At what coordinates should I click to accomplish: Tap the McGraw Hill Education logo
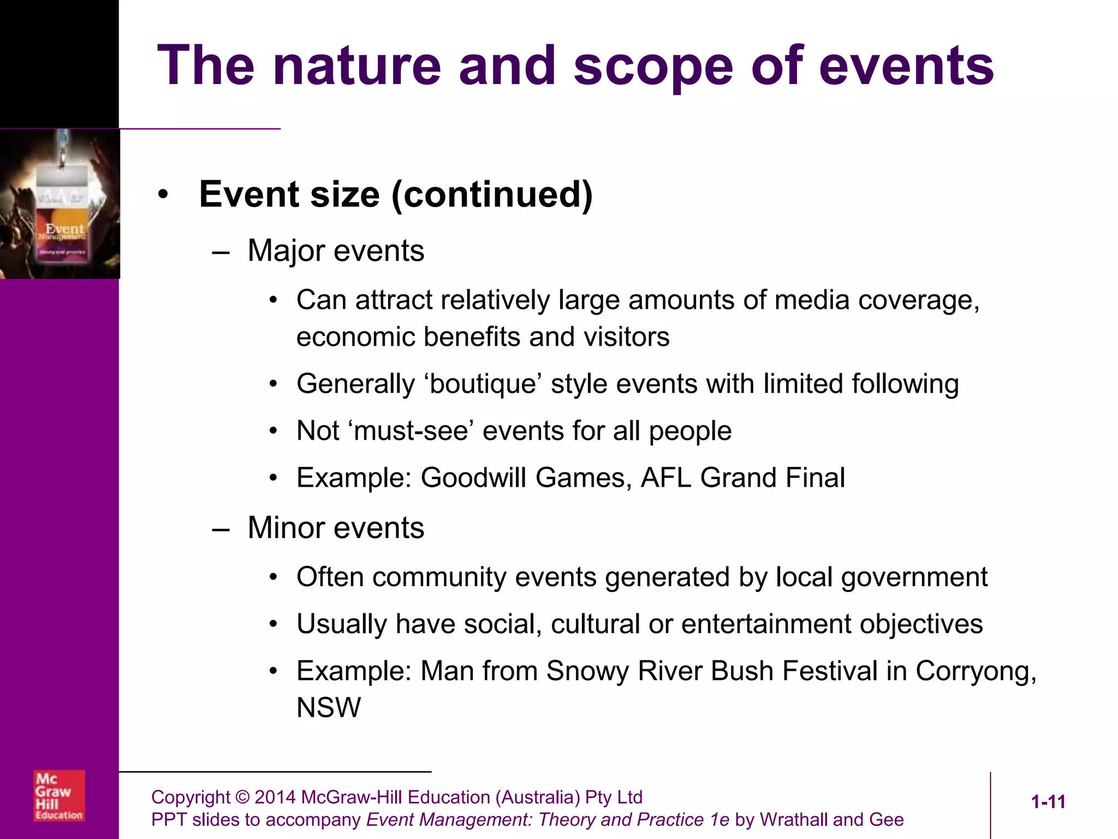[x=59, y=795]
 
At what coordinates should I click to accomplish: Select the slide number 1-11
[x=1048, y=802]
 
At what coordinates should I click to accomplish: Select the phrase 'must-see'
[x=411, y=431]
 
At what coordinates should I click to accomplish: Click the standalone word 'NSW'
[x=329, y=707]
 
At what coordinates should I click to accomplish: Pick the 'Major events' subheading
[x=336, y=251]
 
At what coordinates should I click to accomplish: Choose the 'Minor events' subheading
[x=336, y=528]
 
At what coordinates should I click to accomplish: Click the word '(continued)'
[x=492, y=194]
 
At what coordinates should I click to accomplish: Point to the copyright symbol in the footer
[x=242, y=797]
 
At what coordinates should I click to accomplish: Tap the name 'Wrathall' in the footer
[x=794, y=820]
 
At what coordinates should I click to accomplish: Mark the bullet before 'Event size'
[x=163, y=194]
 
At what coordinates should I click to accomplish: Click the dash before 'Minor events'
[x=221, y=529]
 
